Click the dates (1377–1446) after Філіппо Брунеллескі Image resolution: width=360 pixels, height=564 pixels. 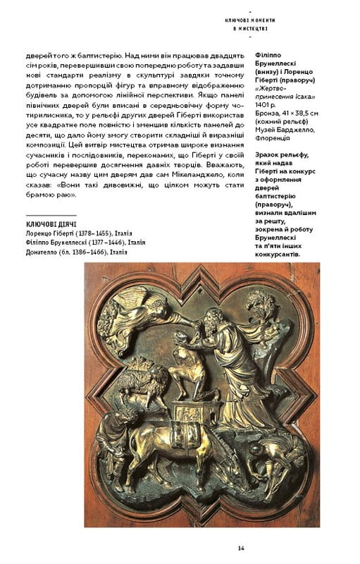pos(104,242)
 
